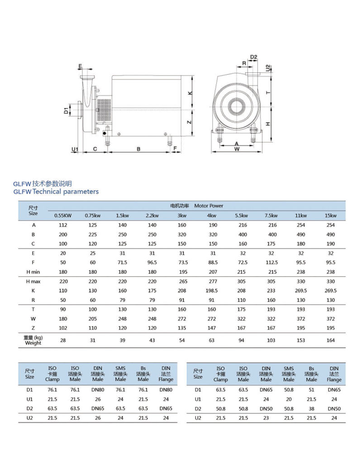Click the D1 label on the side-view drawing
coord(66,110)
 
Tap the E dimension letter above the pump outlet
coord(80,67)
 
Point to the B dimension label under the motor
coord(138,148)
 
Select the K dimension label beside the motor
coord(190,93)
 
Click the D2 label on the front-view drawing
coord(254,57)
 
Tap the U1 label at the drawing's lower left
coord(75,149)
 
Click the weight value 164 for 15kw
coord(330,340)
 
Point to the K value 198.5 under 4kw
coord(211,290)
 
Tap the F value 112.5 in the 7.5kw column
coord(271,263)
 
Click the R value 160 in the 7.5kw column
coord(271,300)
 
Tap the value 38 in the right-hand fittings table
coord(311,409)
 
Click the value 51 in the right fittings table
coord(311,389)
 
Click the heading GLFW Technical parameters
coord(56,191)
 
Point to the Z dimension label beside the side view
coord(190,122)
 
